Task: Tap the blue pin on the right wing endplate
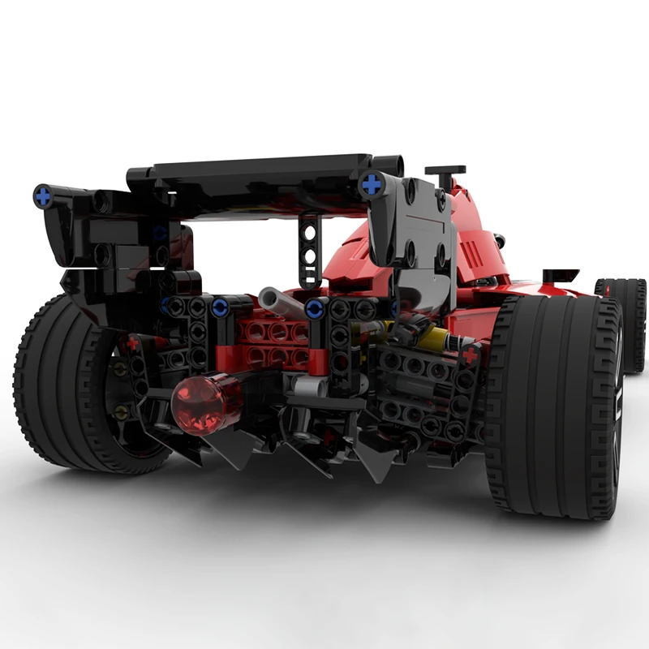(372, 184)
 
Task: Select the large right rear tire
(552, 406)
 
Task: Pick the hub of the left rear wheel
(122, 389)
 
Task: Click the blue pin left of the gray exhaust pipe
(220, 309)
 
